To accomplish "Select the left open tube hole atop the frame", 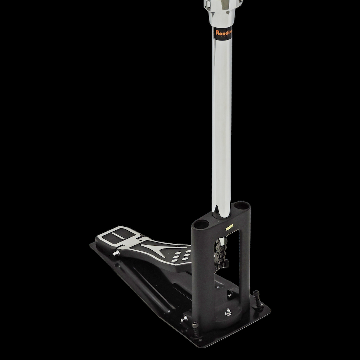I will pyautogui.click(x=201, y=224).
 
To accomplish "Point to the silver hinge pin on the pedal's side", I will pyautogui.click(x=115, y=253).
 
